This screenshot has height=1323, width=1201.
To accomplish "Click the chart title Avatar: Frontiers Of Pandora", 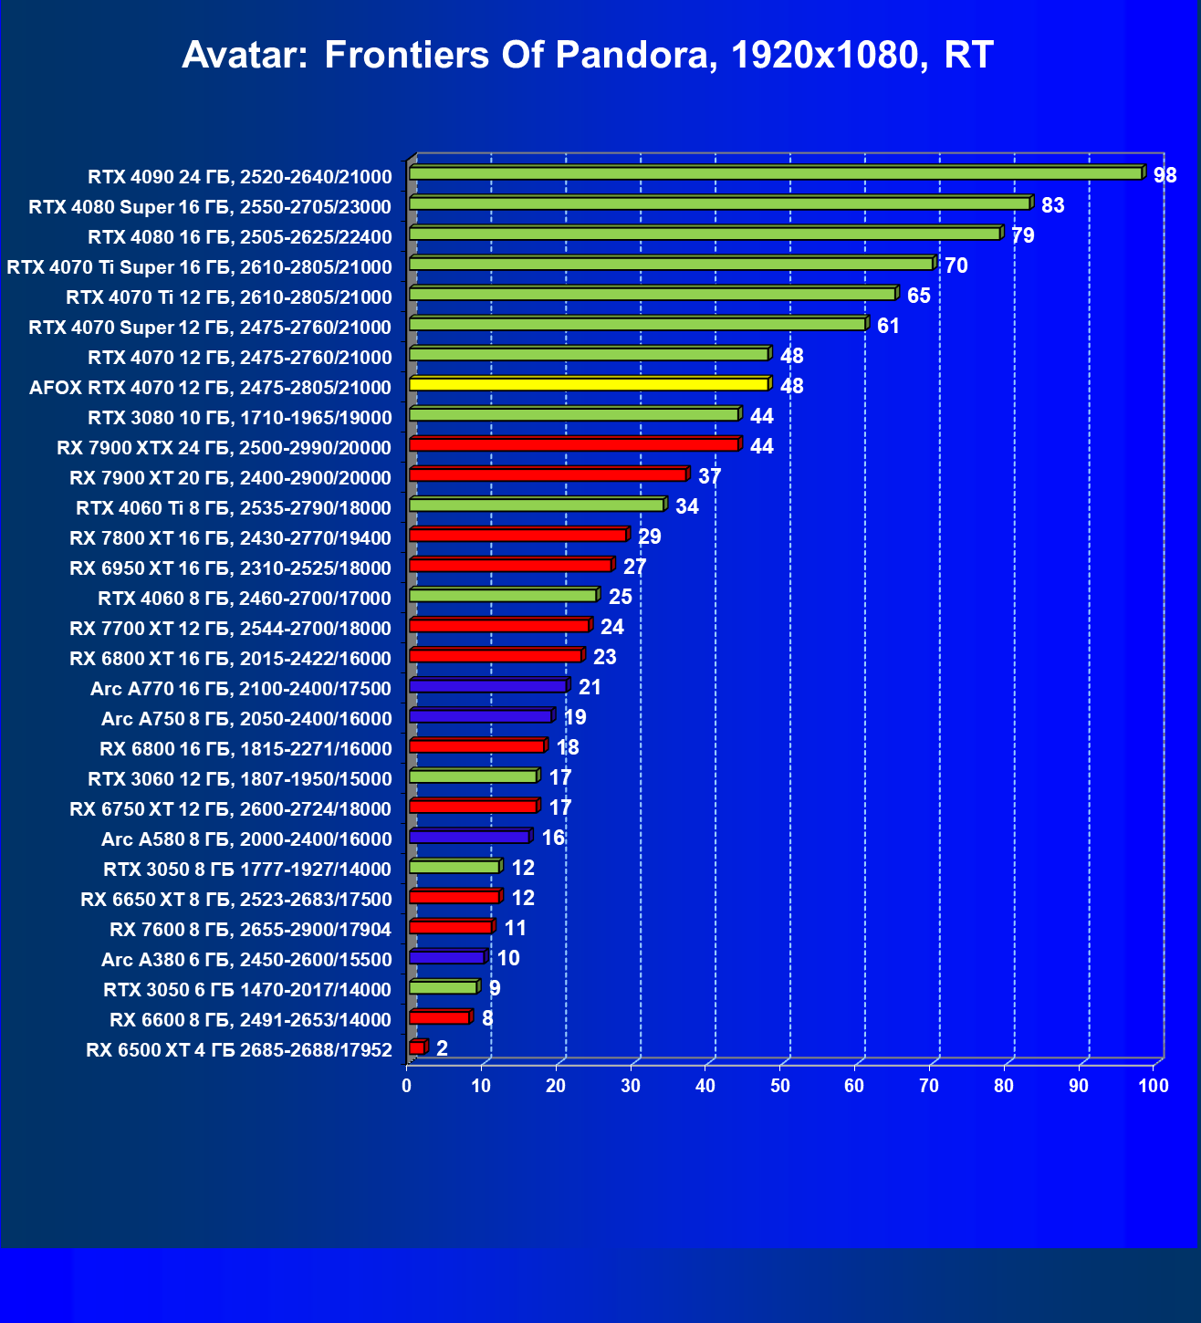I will point(587,56).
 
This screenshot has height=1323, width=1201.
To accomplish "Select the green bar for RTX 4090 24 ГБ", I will point(776,173).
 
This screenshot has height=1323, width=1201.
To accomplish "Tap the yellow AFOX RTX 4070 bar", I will point(589,384).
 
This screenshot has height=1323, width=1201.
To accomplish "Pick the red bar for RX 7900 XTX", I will point(574,444).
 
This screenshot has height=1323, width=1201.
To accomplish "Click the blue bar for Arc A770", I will point(488,685).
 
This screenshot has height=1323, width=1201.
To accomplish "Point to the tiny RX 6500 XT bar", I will point(417,1047).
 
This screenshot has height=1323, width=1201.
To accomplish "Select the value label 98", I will point(1165,175).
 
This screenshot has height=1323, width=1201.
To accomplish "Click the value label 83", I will point(1053,205).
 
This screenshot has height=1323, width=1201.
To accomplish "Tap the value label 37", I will point(710,476).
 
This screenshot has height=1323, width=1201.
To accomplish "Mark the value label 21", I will point(590,687).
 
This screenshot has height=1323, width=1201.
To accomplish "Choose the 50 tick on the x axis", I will point(780,1086).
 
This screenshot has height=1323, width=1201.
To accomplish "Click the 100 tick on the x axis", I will point(1154,1086).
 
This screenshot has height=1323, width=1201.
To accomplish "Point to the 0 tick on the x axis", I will point(407,1086).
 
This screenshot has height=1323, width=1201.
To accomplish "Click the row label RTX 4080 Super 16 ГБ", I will point(210,207).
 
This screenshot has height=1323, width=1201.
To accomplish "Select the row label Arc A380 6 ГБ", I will point(246,960).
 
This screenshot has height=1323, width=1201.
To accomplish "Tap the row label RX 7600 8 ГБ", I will point(250,930).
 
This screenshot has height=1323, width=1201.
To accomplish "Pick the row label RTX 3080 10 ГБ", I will point(240,418).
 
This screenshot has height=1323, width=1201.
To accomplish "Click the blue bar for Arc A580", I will point(469,836).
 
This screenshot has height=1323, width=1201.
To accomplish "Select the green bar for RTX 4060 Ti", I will point(537,505).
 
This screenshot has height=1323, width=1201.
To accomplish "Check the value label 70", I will point(956,266).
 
